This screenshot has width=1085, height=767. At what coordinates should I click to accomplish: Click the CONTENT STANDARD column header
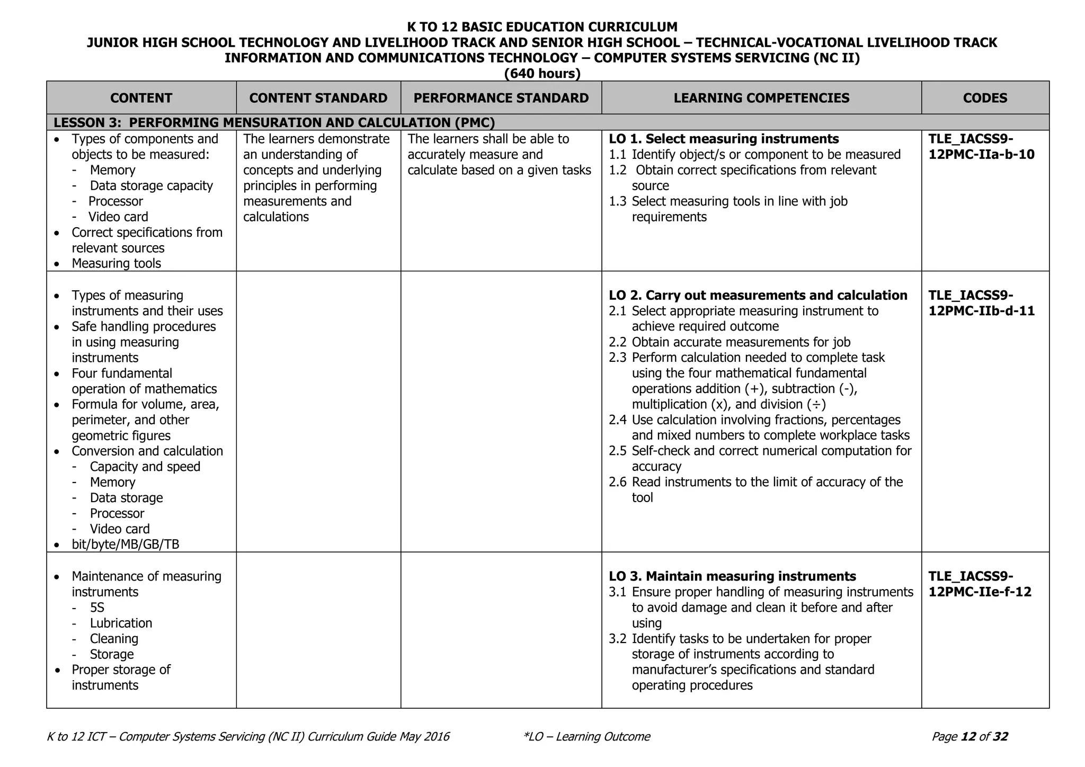(x=318, y=98)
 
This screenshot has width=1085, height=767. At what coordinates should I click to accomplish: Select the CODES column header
(x=985, y=98)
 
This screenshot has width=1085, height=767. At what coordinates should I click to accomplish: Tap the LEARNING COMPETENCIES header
(x=761, y=98)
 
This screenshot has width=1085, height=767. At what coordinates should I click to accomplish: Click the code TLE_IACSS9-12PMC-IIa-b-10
(x=981, y=147)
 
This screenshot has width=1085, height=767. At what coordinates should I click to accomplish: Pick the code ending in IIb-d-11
(x=981, y=303)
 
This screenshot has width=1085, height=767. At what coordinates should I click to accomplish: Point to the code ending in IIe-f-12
(x=980, y=584)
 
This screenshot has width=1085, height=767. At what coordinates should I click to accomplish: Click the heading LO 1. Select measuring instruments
(x=724, y=139)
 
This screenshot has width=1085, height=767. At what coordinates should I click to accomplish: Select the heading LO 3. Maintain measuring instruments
(x=732, y=576)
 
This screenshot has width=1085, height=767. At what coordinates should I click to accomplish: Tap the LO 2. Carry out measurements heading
(x=758, y=295)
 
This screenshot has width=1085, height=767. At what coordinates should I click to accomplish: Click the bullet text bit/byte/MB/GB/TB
(x=125, y=544)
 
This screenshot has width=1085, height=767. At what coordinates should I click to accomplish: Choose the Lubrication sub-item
(x=121, y=623)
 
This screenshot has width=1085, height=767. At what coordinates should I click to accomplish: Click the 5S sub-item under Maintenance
(x=97, y=607)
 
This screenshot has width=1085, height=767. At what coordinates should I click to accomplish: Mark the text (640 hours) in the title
(x=542, y=74)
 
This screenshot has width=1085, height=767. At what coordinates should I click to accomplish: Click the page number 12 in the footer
(x=968, y=736)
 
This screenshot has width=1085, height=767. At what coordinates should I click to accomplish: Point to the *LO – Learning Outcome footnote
(x=586, y=736)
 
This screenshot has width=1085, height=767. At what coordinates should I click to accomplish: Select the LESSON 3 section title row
(x=274, y=122)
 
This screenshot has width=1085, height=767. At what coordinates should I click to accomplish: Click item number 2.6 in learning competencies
(x=617, y=482)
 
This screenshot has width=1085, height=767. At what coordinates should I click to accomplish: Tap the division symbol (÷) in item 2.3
(x=816, y=404)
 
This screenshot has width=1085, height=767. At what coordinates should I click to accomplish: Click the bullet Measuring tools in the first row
(x=116, y=263)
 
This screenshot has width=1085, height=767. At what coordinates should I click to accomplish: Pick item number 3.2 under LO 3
(x=617, y=639)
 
